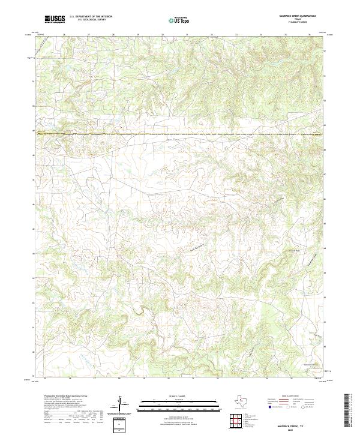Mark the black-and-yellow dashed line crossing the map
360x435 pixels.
point(180,134)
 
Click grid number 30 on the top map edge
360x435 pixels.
point(162,35)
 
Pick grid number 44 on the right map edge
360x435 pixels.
point(325,247)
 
